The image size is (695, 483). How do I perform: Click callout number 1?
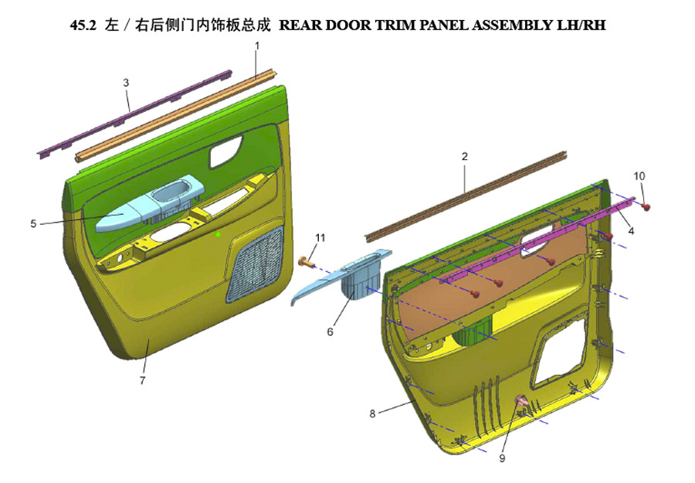point(256,46)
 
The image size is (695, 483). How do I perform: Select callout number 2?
point(465,157)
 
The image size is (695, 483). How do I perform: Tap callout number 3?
point(127,83)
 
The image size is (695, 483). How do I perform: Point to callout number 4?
point(631,230)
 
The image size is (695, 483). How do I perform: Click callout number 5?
point(33,223)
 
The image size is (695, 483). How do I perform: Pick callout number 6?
point(330,332)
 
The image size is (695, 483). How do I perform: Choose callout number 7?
point(142,380)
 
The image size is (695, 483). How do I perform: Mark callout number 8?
point(372,413)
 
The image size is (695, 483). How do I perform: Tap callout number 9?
point(502,458)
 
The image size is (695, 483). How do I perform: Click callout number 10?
point(639,176)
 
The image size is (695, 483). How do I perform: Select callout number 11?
point(320,238)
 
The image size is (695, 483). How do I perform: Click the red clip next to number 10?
point(646,206)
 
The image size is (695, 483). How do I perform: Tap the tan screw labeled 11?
point(307,263)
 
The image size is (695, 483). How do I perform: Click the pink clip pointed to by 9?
point(522,401)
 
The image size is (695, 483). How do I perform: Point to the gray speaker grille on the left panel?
point(256,264)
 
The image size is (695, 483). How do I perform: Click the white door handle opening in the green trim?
point(225,151)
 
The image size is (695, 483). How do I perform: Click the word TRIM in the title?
point(395,26)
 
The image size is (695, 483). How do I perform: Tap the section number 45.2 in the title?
point(83,26)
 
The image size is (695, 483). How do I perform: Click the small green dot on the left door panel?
point(218,233)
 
